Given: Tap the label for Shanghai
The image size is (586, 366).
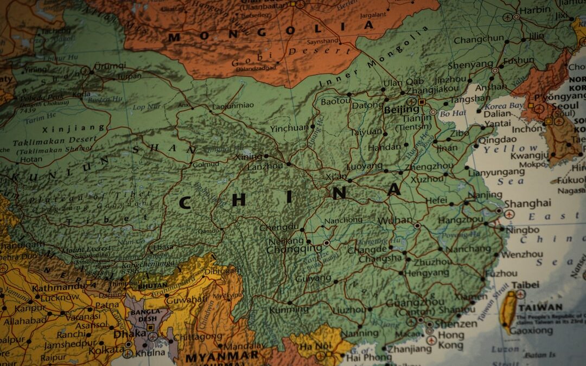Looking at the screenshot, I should click(527, 203).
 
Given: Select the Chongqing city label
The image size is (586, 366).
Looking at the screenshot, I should click(294, 249).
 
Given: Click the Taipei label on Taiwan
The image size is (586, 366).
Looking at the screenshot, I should click(525, 285).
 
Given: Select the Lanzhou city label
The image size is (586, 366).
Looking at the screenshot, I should click(265, 166).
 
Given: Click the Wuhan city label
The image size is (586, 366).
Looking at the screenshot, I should click(395, 221).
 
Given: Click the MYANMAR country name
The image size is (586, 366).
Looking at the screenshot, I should click(222, 357).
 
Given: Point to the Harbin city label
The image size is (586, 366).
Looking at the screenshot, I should click(535, 10).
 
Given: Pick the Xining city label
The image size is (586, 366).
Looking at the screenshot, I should click(248, 157).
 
